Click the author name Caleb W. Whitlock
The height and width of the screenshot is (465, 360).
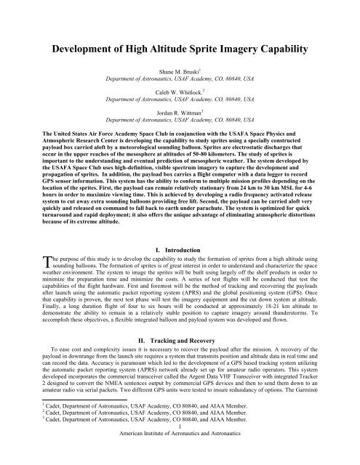pyautogui.click(x=180, y=114)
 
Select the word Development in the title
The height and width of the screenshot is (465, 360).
pyautogui.click(x=84, y=49)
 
